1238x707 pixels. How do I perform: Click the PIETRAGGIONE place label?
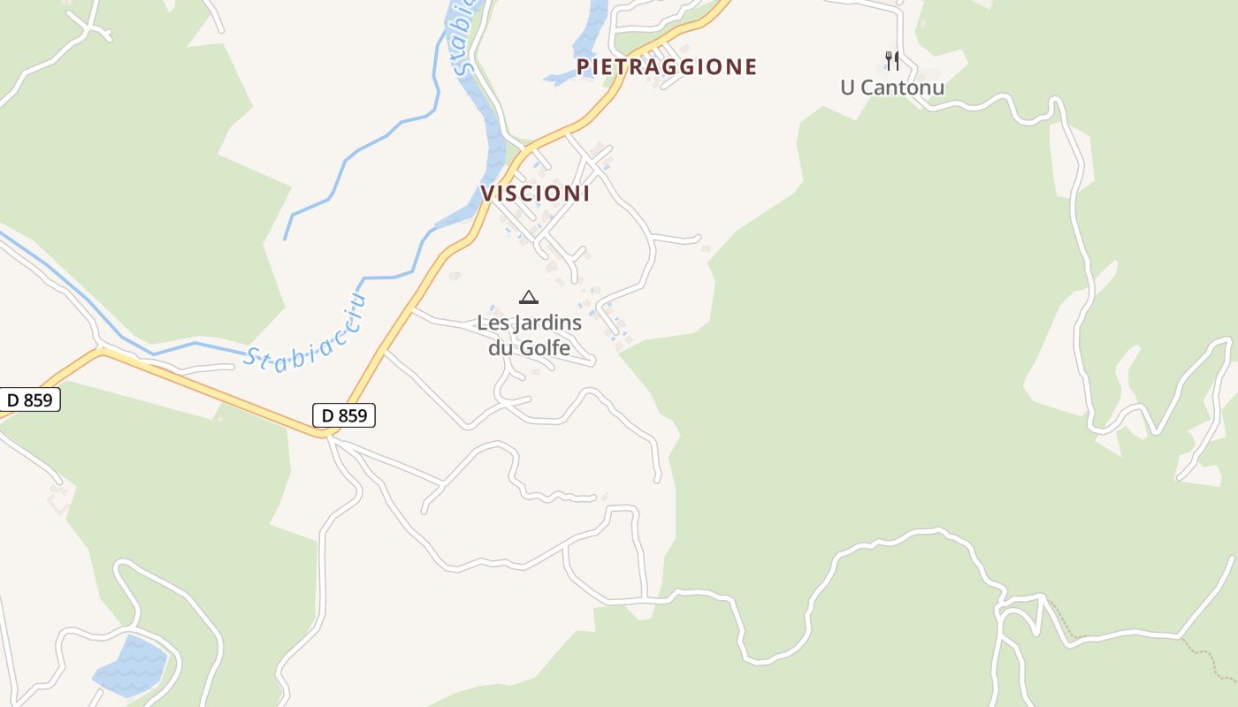pos(667,67)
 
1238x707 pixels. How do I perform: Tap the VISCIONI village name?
pos(535,194)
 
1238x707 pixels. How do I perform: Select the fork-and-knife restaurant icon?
pos(892,60)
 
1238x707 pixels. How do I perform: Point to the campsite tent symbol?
pos(529,297)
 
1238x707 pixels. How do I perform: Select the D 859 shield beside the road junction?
pos(344,414)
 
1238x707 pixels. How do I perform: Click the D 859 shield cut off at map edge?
pos(28,399)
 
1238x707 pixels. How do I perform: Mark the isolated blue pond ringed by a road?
pos(131,665)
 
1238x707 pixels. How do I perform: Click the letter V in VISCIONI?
pos(487,194)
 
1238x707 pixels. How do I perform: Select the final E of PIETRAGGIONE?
pos(751,67)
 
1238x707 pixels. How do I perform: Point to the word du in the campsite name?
pos(501,347)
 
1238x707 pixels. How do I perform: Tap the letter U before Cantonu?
pos(847,87)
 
